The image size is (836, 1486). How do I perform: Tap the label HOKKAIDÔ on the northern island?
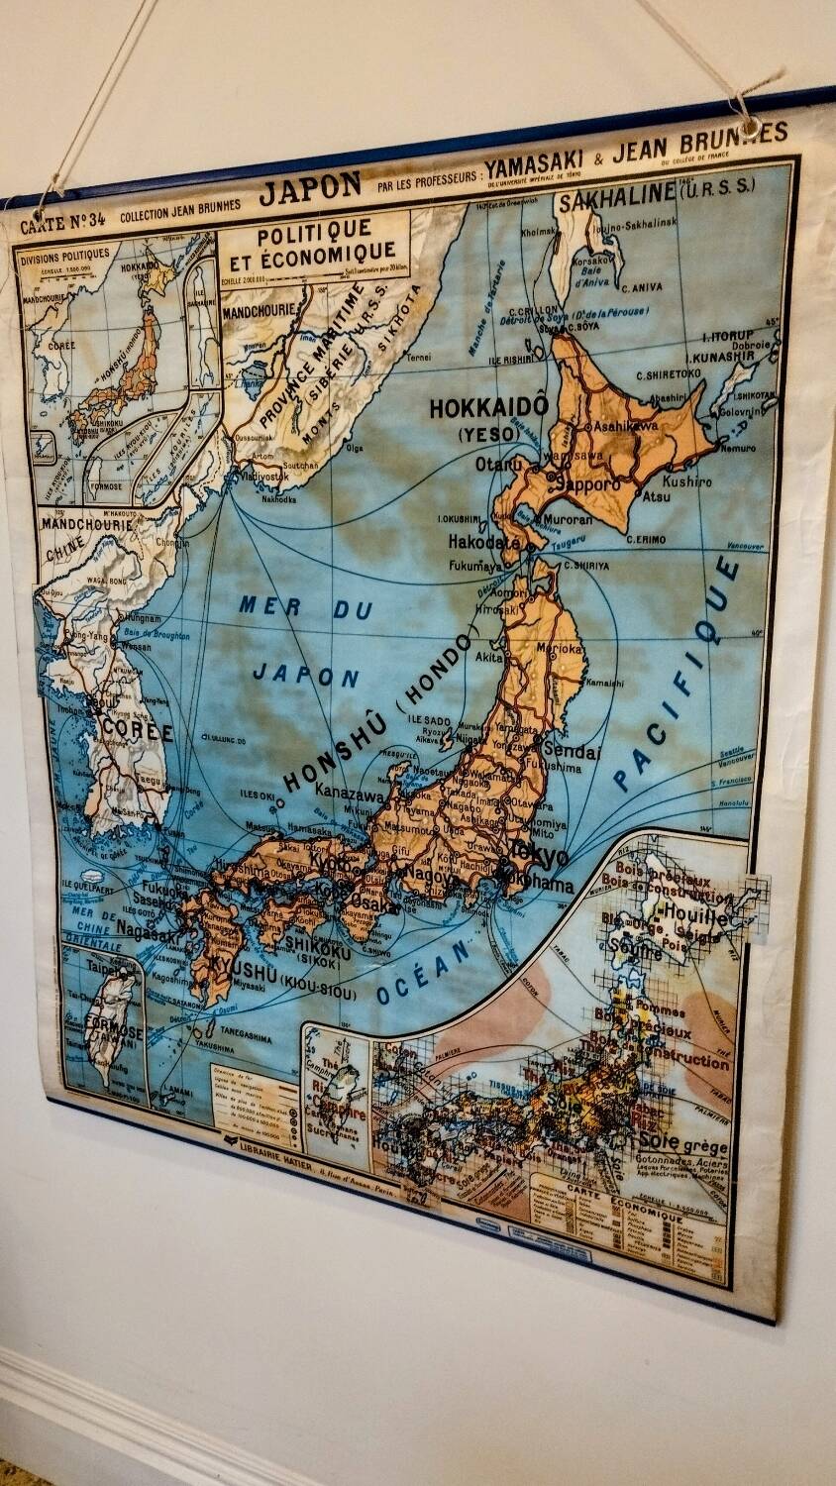488,407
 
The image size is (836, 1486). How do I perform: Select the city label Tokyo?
540,854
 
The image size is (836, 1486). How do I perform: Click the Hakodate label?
483,542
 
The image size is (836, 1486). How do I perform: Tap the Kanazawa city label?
351,795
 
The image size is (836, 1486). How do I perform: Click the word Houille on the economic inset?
694,915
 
